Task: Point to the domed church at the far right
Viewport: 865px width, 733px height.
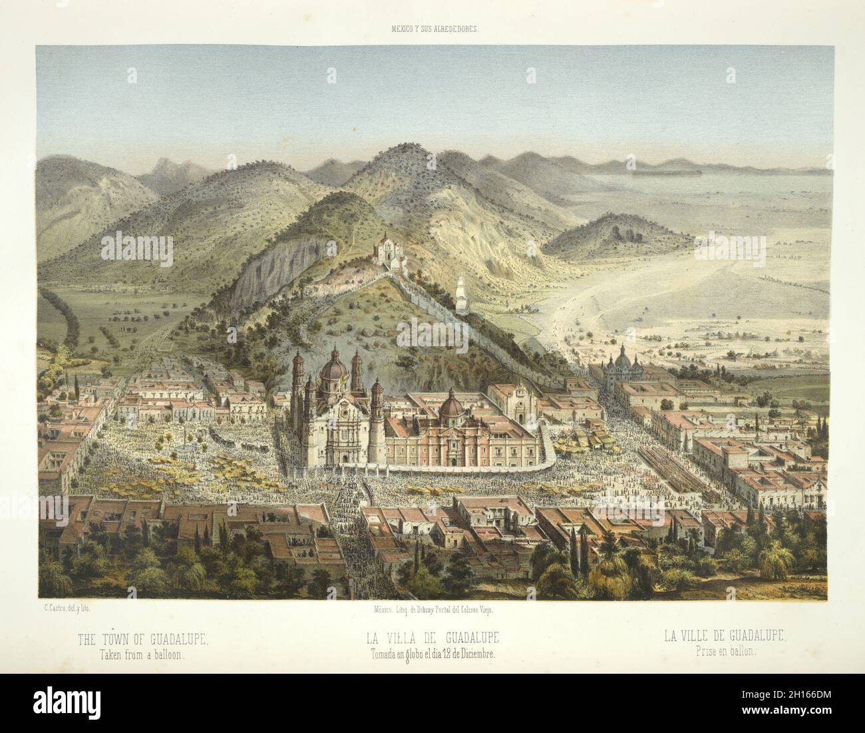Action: (x=622, y=365)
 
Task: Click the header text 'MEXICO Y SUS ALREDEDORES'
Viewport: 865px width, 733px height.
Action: (x=432, y=29)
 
